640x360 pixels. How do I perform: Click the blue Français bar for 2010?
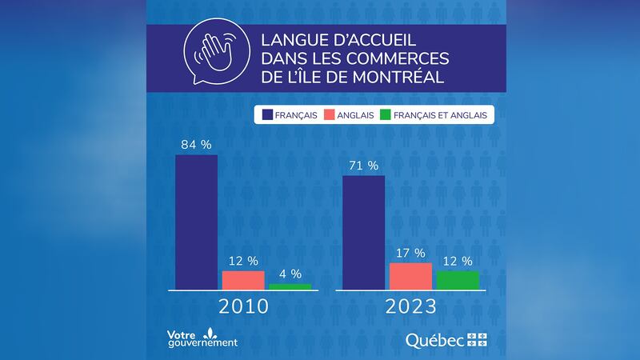coord(196,222)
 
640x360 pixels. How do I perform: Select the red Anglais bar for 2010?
coord(243,280)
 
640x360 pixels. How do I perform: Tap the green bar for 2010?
coord(290,286)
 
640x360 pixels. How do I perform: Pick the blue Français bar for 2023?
coord(363,232)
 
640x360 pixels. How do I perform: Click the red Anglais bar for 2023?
coord(410,276)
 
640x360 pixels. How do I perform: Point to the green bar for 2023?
coord(458,280)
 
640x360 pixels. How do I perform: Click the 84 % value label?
coord(196,145)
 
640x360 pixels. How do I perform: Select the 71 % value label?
coord(363,166)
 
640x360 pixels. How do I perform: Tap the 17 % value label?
coord(410,254)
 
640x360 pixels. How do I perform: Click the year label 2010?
coord(243,307)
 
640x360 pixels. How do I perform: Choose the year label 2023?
coord(410,307)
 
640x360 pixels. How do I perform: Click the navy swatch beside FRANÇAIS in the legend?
coord(265,115)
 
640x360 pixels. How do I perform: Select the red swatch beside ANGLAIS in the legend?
coord(333,115)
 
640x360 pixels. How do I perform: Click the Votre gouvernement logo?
coord(202,338)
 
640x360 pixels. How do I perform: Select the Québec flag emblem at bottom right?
coord(477,340)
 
